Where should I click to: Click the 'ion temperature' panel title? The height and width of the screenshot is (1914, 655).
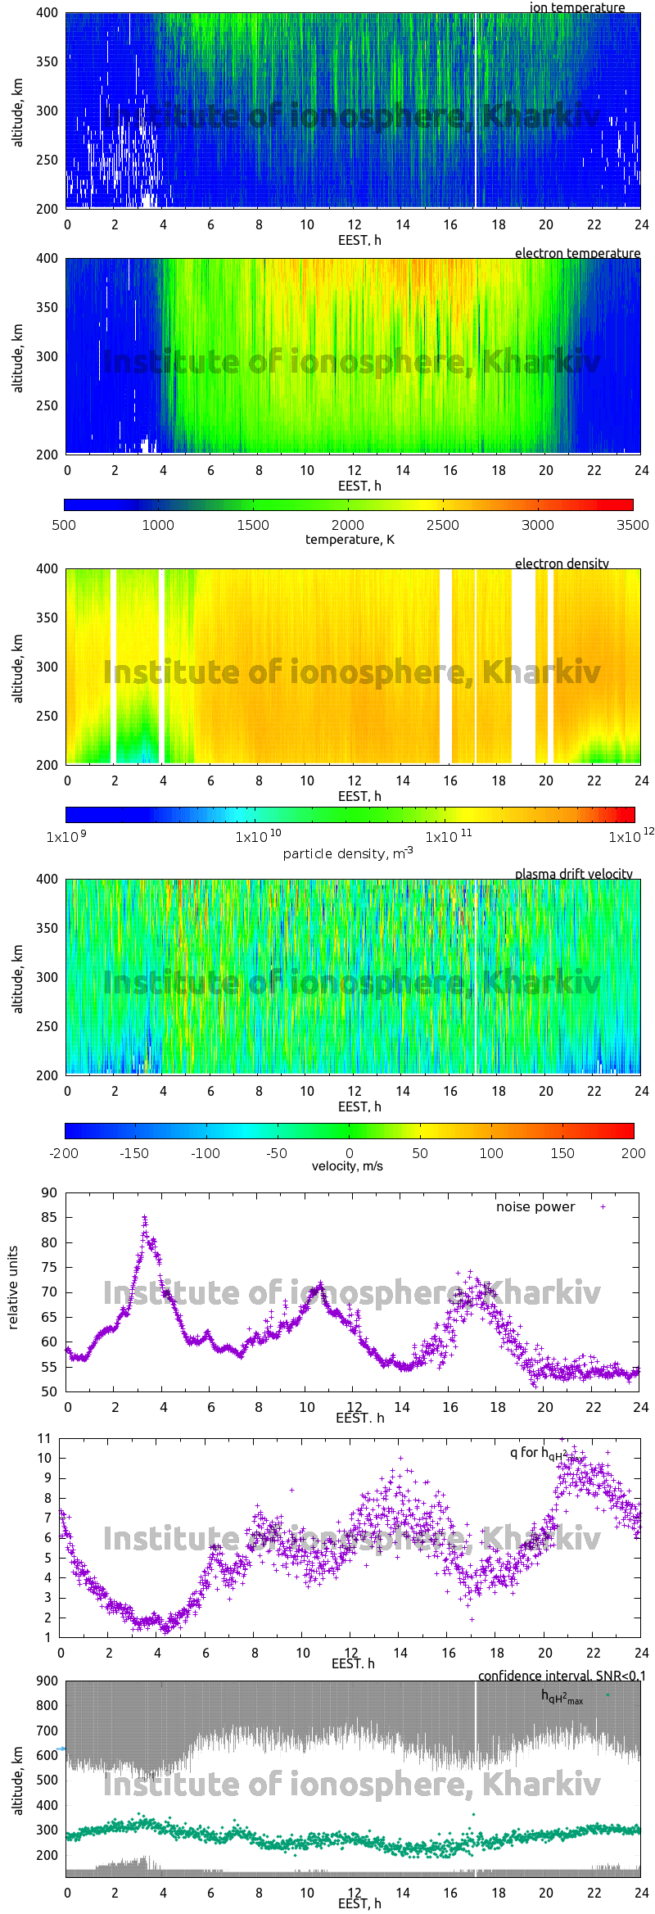click(576, 7)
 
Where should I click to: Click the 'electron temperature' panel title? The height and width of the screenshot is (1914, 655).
click(577, 253)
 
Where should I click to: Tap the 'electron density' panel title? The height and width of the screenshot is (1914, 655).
click(562, 563)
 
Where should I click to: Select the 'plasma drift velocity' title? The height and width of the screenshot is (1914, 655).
click(573, 874)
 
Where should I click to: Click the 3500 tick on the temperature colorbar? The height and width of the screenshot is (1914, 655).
click(632, 525)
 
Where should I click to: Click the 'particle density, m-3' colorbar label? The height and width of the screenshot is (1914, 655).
click(347, 853)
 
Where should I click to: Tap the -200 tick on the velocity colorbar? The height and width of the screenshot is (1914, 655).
click(64, 1153)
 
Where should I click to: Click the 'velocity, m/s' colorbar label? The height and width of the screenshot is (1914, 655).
click(347, 1166)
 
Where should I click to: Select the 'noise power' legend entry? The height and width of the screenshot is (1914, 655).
click(535, 1206)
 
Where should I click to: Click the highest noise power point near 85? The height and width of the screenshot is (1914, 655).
click(145, 1218)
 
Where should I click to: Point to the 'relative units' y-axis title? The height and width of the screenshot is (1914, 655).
click(13, 1287)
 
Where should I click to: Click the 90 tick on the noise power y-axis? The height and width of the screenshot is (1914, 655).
click(49, 1192)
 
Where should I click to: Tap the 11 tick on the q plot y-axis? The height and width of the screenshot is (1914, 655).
click(44, 1438)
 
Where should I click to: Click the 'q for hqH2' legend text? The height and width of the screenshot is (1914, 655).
click(538, 1453)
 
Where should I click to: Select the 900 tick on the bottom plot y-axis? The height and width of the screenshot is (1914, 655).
click(47, 1681)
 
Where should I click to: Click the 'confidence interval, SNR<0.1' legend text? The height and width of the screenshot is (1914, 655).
click(562, 1676)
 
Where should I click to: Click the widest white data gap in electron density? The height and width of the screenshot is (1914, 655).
click(523, 665)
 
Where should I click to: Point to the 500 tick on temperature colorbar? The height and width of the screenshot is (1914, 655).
click(64, 525)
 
